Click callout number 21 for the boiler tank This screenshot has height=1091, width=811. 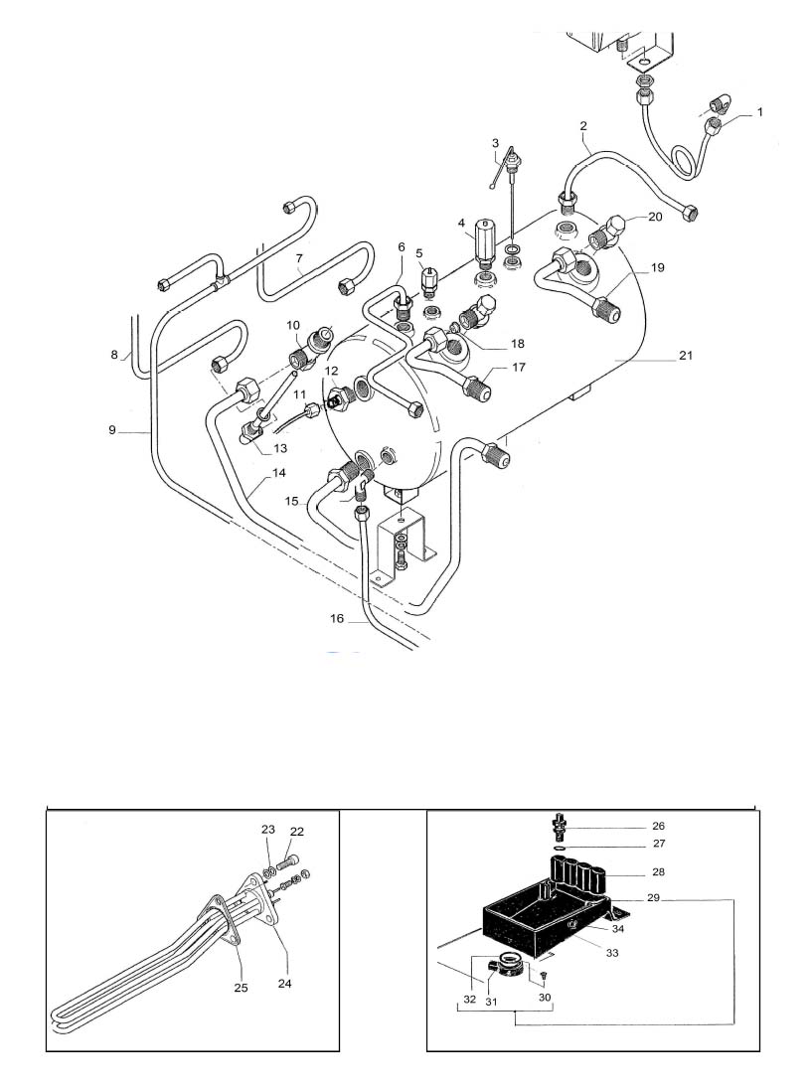[x=686, y=356]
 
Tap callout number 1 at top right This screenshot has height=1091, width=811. [x=760, y=111]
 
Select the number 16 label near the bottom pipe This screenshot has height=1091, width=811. [x=337, y=619]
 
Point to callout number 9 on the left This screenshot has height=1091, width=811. [x=112, y=430]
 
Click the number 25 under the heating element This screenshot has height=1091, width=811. [x=241, y=988]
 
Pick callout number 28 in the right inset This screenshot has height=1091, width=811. [x=658, y=871]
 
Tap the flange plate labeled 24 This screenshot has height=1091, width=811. [x=261, y=900]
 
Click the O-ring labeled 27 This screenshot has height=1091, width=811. [x=563, y=849]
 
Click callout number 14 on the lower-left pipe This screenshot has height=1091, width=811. [x=278, y=473]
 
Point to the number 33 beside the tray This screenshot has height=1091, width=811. [x=612, y=953]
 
